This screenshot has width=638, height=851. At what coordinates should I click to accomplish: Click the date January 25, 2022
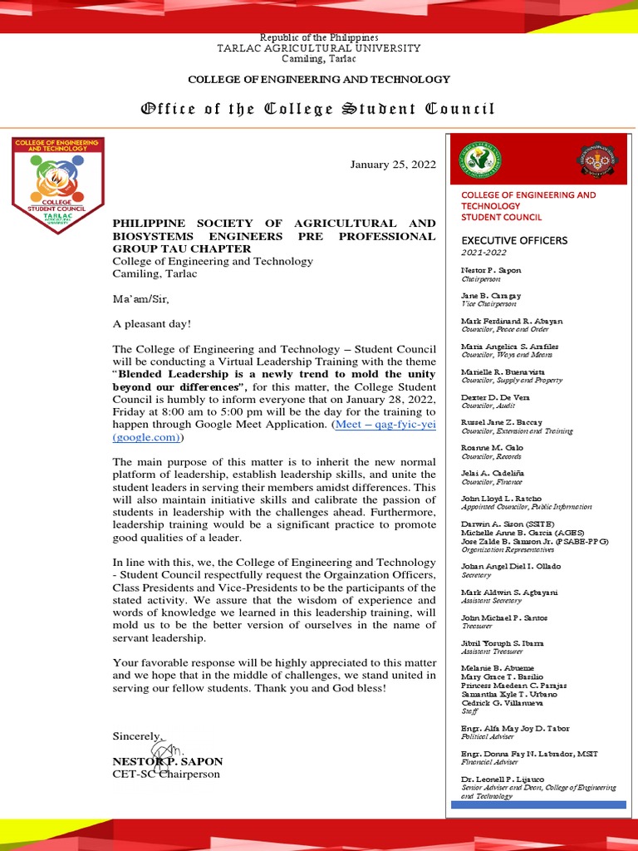click(x=393, y=165)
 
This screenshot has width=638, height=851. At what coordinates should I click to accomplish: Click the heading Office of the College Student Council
click(x=318, y=109)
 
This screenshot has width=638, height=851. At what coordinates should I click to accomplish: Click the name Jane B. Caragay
click(x=491, y=295)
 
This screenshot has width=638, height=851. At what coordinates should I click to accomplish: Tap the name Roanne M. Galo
click(x=493, y=448)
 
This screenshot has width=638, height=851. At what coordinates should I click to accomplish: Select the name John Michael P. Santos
click(x=504, y=617)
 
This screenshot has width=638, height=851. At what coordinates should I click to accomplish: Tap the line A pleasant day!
click(x=152, y=324)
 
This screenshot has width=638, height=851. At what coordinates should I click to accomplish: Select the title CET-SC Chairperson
click(x=166, y=774)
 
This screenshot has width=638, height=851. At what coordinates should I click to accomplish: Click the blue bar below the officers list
click(x=538, y=804)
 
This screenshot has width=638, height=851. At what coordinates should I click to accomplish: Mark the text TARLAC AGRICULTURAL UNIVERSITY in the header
click(x=318, y=48)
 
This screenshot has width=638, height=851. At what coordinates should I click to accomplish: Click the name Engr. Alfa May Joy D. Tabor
click(x=515, y=728)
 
